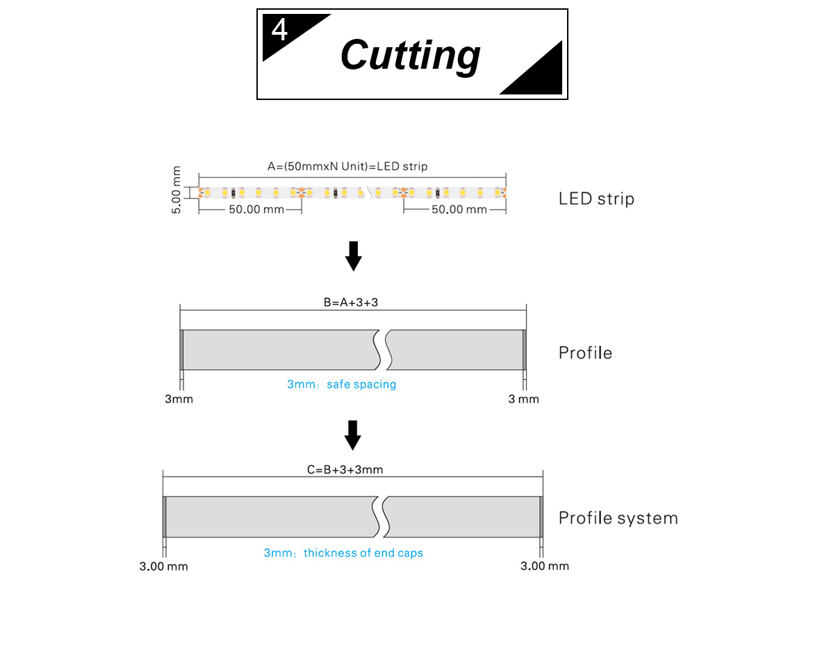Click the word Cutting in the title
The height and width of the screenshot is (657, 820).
tap(410, 55)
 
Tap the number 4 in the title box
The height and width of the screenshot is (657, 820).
tap(279, 31)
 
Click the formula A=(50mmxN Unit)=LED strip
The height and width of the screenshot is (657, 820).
tap(347, 166)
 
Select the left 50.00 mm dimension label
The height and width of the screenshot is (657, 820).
tap(256, 209)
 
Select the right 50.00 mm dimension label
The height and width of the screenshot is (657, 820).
tap(459, 209)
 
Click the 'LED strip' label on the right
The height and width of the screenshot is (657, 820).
tap(596, 199)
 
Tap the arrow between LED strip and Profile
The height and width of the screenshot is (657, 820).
tap(354, 256)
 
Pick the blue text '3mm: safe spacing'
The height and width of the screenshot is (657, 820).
tap(341, 384)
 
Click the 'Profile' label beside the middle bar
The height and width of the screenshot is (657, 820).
tap(585, 353)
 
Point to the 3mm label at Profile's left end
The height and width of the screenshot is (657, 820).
tap(179, 399)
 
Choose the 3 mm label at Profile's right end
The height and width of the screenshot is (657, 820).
tap(523, 399)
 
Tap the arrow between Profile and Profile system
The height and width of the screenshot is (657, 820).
tap(354, 435)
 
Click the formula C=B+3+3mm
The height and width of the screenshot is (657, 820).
tap(345, 469)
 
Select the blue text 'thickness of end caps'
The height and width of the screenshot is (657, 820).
tap(363, 553)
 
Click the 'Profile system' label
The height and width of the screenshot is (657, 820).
tap(618, 518)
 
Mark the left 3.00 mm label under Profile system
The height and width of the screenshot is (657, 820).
tap(164, 566)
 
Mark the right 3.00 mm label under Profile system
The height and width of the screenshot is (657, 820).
tap(544, 566)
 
